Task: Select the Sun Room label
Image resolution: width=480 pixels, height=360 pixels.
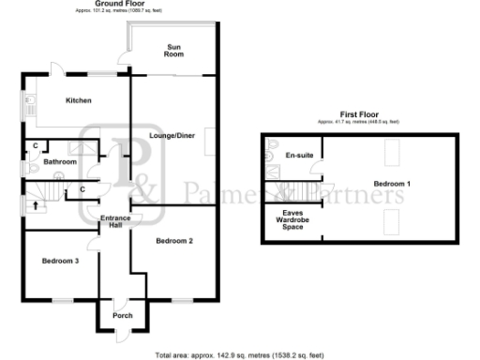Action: click(175, 51)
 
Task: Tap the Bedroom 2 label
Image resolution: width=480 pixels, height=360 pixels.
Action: click(174, 242)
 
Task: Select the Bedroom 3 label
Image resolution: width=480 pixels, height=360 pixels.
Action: click(60, 261)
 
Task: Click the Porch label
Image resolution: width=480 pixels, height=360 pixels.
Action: click(122, 316)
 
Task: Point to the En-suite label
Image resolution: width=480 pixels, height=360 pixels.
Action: click(298, 154)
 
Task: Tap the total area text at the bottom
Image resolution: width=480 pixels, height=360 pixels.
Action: click(240, 355)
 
